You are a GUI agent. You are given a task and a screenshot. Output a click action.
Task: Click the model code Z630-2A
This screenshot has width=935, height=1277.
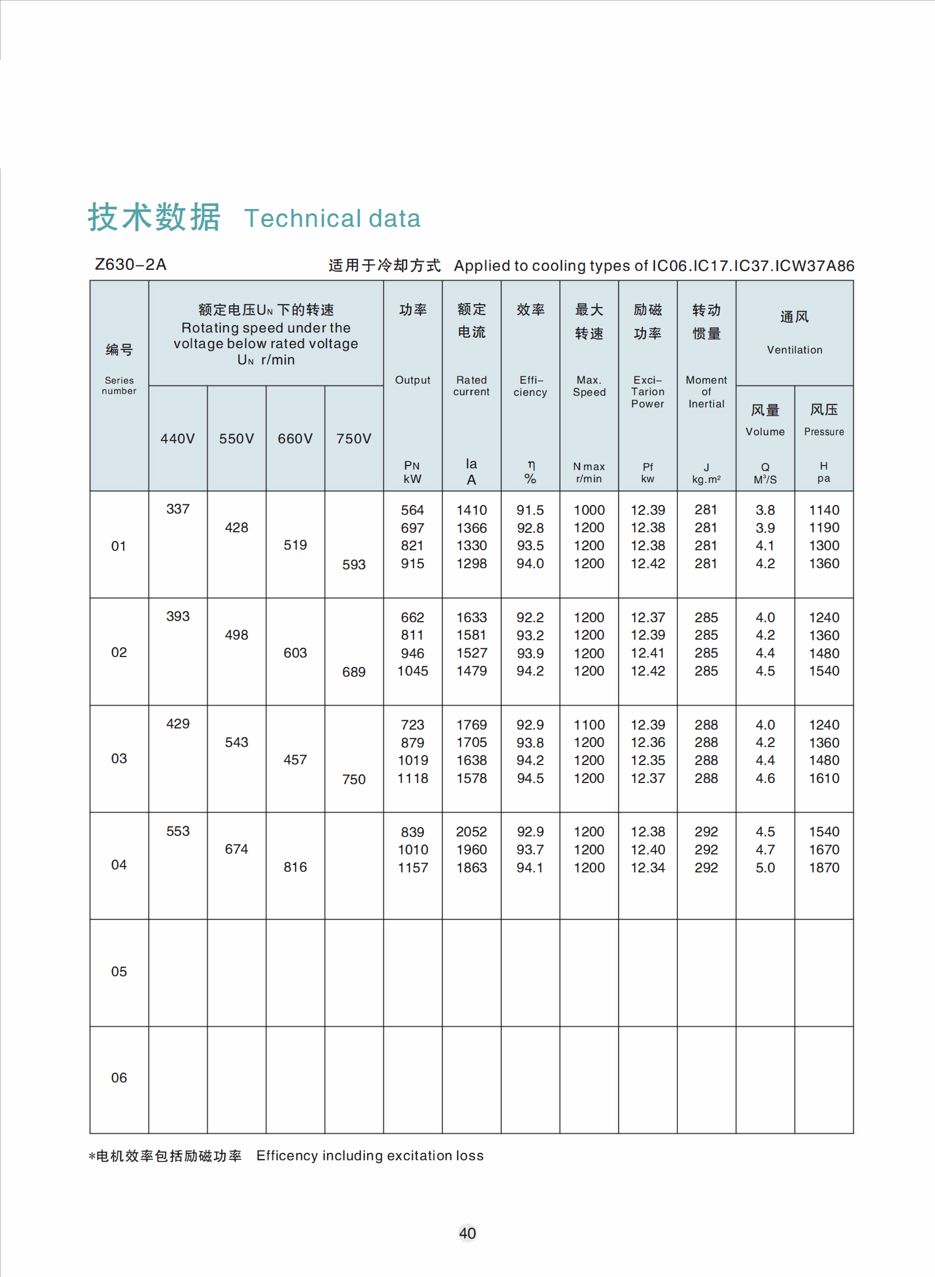131,265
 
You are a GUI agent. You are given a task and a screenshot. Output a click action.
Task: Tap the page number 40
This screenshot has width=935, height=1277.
468,1233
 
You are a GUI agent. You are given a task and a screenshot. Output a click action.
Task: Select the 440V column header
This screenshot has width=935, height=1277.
178,439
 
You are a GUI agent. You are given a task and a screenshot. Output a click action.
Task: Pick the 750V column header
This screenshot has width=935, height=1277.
354,439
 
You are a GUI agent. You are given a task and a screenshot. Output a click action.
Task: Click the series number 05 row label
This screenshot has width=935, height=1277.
119,972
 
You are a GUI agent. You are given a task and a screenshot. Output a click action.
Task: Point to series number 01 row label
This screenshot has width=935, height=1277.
119,546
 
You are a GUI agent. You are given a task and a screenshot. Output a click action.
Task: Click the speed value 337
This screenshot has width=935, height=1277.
178,509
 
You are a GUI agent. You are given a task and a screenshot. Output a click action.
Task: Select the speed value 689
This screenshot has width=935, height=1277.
354,672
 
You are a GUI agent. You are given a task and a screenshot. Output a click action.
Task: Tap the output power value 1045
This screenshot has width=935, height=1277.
412,671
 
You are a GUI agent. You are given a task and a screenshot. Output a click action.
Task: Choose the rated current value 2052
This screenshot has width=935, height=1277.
472,832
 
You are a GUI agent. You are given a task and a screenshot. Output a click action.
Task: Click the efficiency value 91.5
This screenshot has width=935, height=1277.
530,510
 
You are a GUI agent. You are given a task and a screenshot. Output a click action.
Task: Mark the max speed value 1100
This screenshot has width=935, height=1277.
589,725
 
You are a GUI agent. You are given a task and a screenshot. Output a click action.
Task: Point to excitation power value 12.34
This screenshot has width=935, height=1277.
648,868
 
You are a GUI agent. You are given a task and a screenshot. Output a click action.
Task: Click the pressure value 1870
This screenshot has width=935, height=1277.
824,868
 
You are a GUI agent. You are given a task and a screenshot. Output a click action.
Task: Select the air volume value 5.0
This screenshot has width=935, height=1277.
765,868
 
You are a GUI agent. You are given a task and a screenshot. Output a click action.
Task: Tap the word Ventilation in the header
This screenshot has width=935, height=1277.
794,350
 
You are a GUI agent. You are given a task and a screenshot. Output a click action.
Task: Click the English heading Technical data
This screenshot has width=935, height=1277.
332,219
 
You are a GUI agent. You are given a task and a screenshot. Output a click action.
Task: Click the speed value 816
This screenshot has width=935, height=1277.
295,867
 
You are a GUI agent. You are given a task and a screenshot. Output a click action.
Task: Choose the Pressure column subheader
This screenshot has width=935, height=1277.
824,432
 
